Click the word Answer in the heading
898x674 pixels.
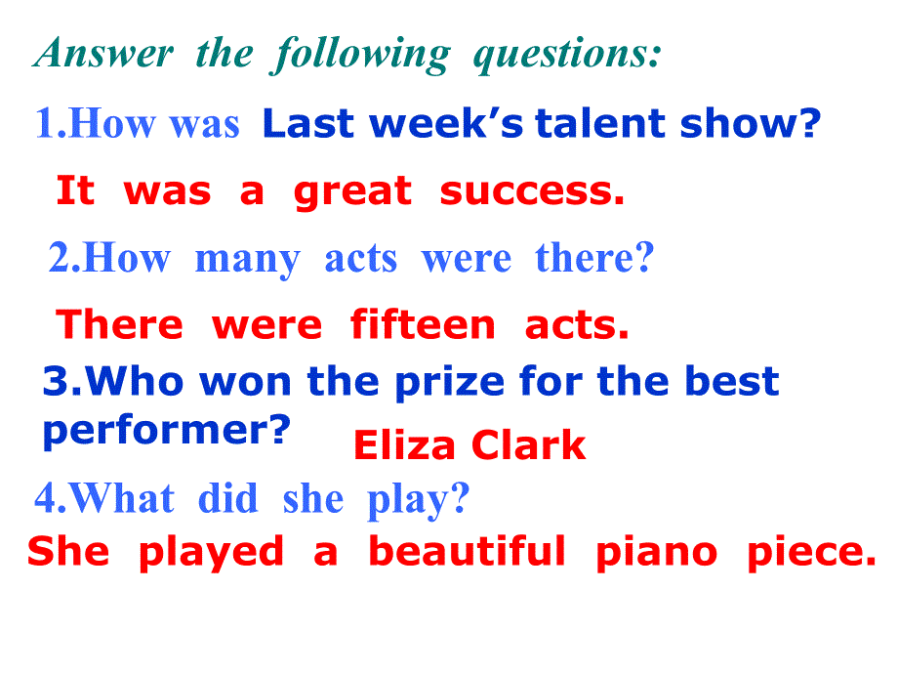[103, 53]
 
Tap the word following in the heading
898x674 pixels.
[360, 55]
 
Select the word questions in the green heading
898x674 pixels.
[567, 55]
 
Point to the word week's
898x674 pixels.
[447, 123]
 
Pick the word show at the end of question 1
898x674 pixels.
[751, 123]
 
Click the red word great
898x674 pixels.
[352, 192]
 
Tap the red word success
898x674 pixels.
[532, 192]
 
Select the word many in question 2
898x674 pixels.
[247, 260]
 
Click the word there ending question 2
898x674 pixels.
[594, 257]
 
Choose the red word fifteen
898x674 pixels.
[423, 324]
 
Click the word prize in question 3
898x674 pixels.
[450, 382]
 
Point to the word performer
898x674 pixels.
[167, 431]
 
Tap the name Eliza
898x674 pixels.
[404, 444]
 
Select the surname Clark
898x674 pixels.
[529, 444]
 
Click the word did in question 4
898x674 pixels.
[228, 498]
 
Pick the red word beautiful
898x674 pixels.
[468, 551]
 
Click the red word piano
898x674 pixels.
[656, 554]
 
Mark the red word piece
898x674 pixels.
[812, 554]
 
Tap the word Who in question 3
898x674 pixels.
[135, 381]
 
